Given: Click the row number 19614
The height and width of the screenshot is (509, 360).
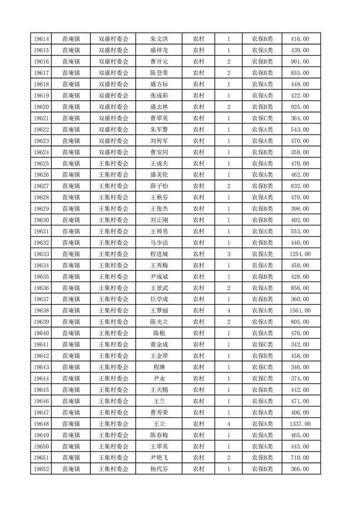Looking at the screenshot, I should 41,39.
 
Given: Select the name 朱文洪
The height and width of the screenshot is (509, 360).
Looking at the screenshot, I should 159,39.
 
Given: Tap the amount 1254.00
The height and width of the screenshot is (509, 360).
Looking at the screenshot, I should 300,254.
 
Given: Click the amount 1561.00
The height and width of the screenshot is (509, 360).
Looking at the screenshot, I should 300,311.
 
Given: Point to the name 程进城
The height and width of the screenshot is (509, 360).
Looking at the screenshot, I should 159,254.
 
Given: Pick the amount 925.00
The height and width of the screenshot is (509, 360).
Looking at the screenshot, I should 300,107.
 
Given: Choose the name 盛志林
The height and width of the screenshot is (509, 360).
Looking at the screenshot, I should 159,107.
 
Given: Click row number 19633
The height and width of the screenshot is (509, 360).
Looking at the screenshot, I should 41,254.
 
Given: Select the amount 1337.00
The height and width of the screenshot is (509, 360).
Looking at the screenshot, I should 300,424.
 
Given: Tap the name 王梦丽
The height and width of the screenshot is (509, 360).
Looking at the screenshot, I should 159,311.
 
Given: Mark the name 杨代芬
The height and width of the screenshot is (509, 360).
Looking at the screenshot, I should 159,469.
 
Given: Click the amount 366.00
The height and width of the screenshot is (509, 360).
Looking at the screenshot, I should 300,469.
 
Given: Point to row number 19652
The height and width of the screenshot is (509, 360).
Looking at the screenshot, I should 41,469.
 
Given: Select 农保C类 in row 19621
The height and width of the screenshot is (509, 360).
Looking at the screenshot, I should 262,118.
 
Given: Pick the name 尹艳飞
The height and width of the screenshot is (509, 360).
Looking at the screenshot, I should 159,458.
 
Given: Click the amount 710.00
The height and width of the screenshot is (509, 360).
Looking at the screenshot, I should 300,458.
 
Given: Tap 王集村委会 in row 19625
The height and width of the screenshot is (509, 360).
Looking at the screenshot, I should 113,164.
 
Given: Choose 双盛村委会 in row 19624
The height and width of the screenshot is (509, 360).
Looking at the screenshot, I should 113,152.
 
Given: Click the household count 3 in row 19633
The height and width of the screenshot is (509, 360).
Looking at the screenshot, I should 228,254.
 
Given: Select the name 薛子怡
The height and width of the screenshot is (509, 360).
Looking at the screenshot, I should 159,186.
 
